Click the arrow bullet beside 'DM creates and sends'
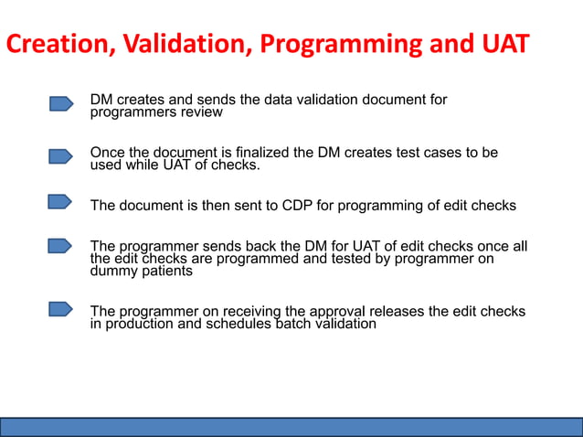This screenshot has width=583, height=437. [x=61, y=104]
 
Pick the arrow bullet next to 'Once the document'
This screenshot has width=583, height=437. [x=61, y=157]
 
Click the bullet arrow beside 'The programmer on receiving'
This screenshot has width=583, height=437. [x=60, y=310]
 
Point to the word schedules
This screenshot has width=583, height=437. [x=239, y=324]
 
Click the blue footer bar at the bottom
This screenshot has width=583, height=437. [x=291, y=427]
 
